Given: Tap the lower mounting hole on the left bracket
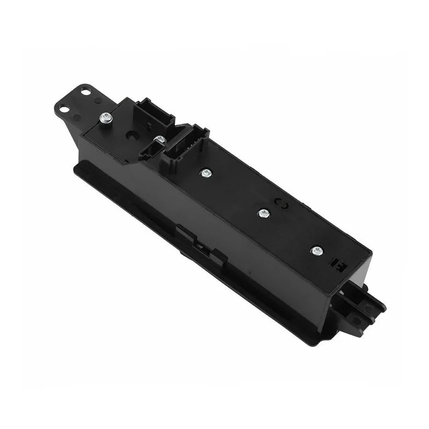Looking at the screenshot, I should (65, 109).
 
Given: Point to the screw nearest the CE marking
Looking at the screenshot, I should (263, 213).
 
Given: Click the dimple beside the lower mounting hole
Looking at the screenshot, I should (77, 117).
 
